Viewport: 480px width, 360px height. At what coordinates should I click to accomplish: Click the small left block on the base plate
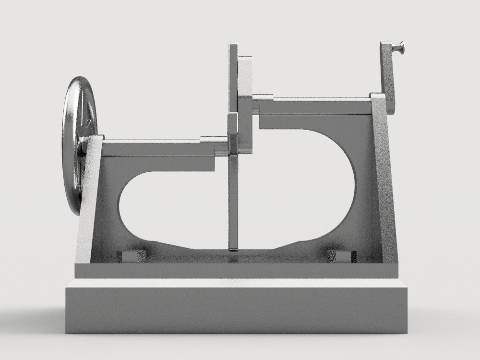(131, 256)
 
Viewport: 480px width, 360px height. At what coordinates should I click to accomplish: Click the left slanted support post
(89, 202)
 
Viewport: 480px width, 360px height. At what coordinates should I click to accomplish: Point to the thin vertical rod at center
(233, 202)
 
